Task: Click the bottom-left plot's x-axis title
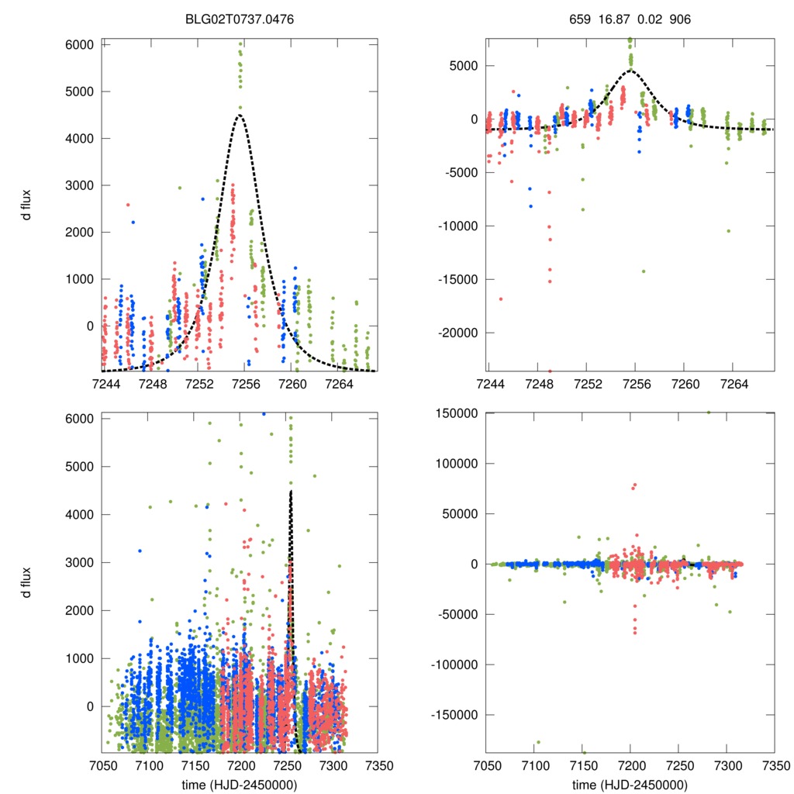pyautogui.click(x=240, y=785)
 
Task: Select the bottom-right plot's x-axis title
pyautogui.click(x=630, y=785)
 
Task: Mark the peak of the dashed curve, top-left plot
pyautogui.click(x=240, y=116)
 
